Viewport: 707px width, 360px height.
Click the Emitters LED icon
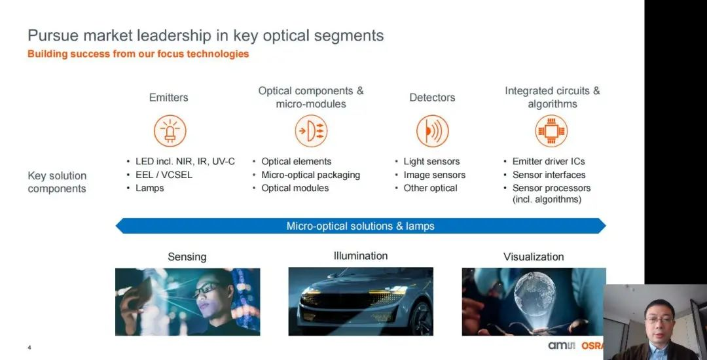click(170, 131)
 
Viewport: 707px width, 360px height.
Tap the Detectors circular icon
click(433, 131)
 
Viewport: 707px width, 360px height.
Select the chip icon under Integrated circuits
click(551, 131)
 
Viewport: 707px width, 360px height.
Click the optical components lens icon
click(311, 131)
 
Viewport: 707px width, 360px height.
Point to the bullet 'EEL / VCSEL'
click(164, 175)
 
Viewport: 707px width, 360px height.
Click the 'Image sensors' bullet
click(434, 175)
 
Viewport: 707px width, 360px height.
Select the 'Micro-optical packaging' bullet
click(311, 175)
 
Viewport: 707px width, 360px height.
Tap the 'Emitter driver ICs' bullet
click(549, 161)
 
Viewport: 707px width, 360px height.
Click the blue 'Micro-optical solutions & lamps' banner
click(361, 226)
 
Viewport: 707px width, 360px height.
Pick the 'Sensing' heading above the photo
click(187, 257)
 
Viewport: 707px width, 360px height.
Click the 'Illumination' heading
click(361, 256)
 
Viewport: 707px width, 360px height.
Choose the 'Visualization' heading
click(534, 257)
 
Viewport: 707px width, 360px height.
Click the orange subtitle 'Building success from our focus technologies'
click(138, 54)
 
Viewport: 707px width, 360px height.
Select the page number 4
click(29, 348)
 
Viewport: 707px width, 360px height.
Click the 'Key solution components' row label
click(57, 182)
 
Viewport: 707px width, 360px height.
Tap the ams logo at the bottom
click(562, 346)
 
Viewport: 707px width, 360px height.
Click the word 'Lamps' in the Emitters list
click(150, 189)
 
